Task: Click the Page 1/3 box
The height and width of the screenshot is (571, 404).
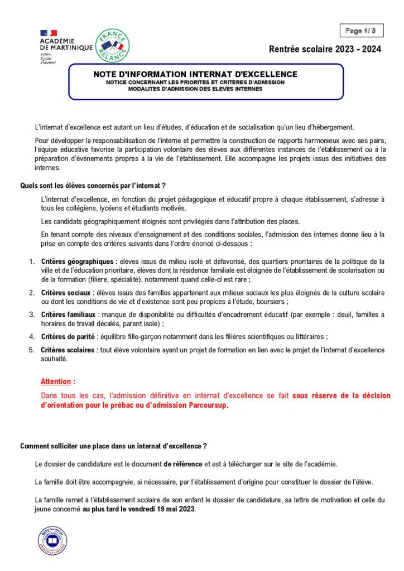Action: pyautogui.click(x=360, y=31)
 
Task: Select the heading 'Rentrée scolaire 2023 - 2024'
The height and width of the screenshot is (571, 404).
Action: pyautogui.click(x=325, y=49)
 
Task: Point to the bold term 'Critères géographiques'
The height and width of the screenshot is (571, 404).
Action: pyautogui.click(x=77, y=262)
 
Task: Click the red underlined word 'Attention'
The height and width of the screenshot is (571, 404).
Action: pyautogui.click(x=57, y=382)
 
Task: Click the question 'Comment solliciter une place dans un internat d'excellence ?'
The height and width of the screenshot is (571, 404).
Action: pyautogui.click(x=114, y=446)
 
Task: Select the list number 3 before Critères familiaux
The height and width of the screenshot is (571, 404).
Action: pyautogui.click(x=31, y=314)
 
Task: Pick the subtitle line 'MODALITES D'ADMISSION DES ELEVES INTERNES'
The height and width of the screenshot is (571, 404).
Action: pyautogui.click(x=195, y=89)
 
